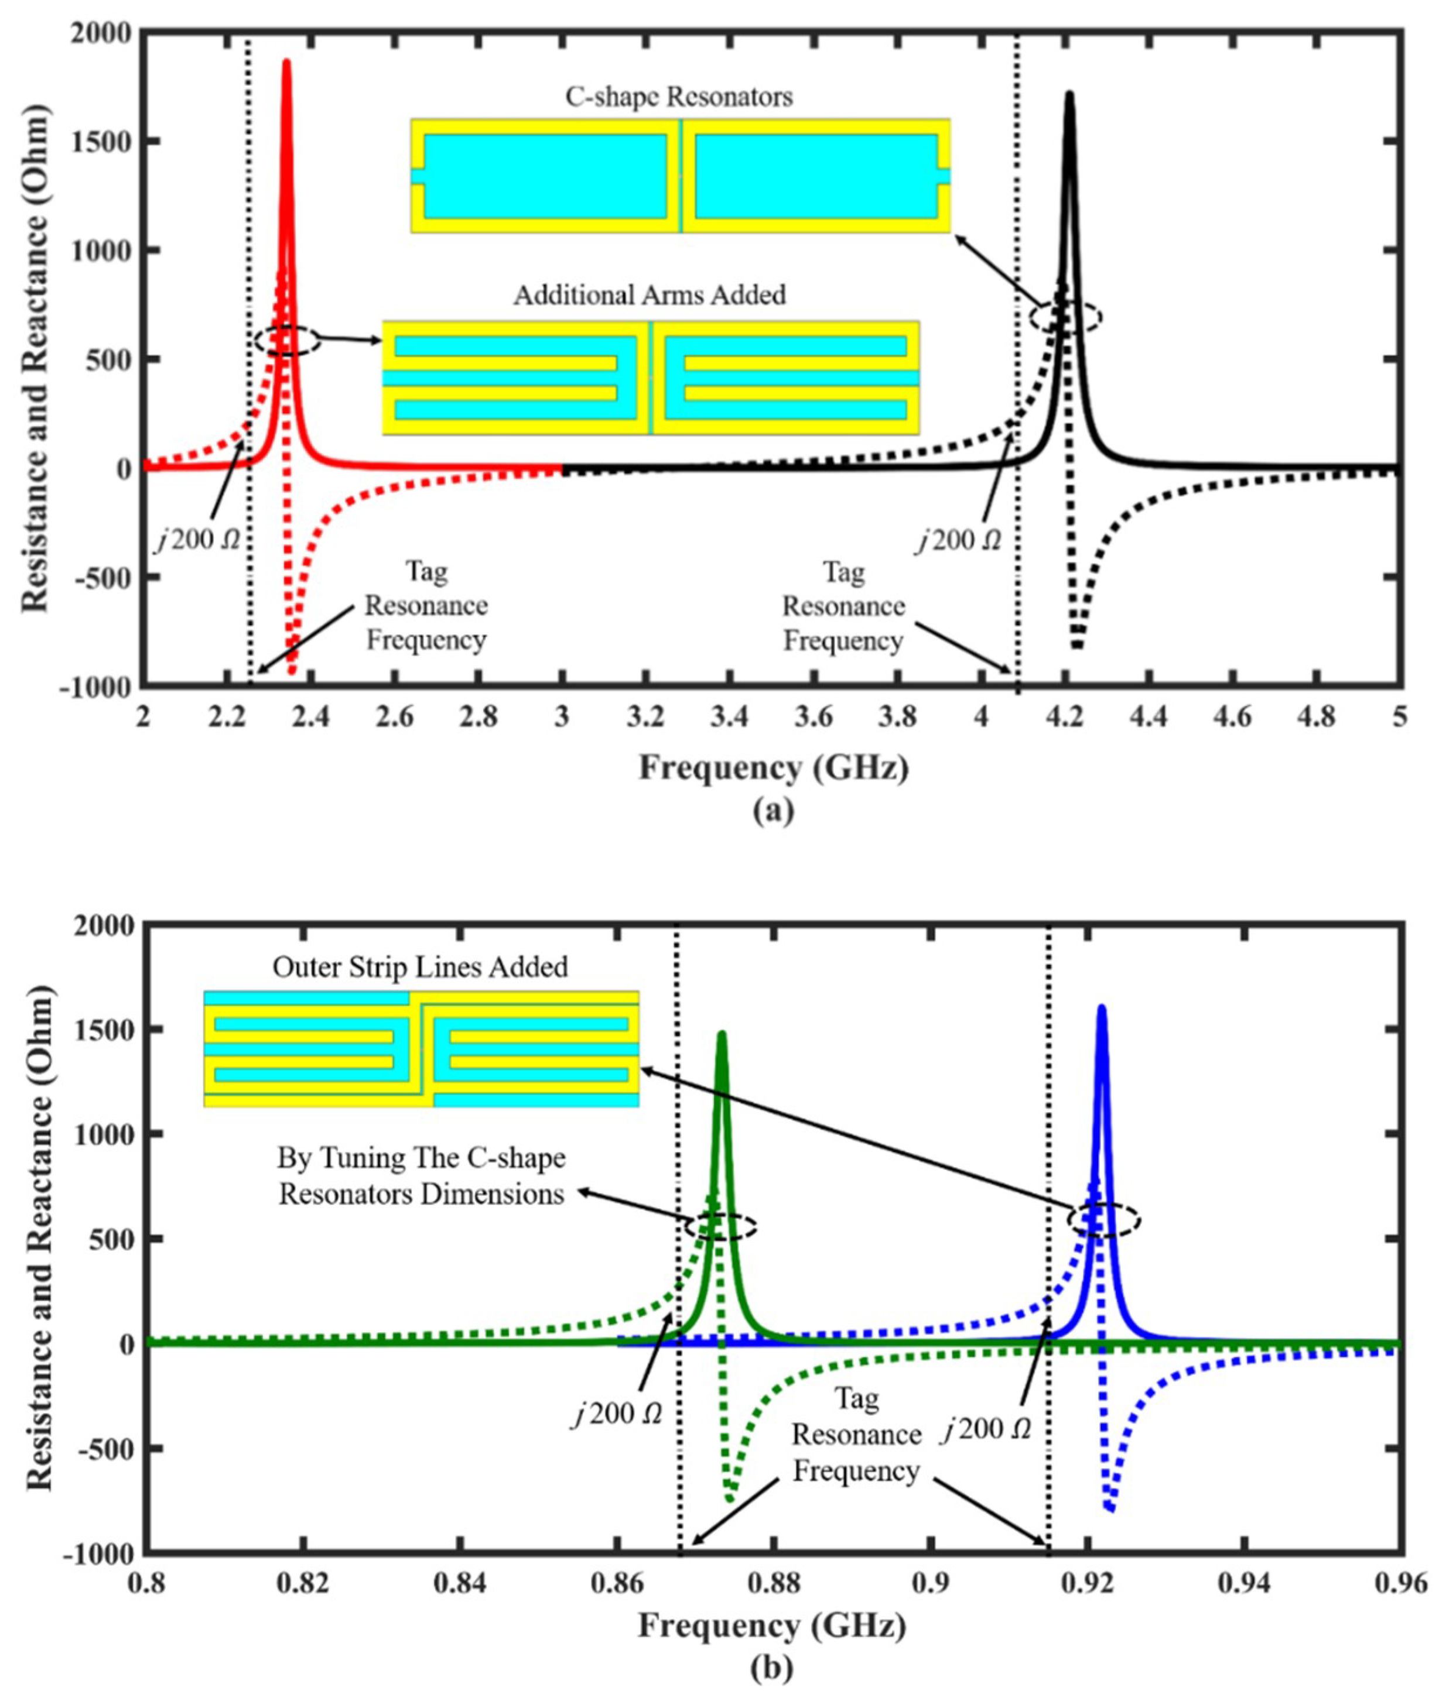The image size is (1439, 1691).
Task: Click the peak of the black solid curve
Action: (1069, 94)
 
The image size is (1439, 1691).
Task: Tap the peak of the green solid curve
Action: (721, 1034)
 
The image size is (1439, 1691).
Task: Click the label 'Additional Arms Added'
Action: (650, 294)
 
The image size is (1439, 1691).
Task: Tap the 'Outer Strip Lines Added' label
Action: (420, 967)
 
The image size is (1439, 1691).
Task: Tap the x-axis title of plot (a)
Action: (773, 768)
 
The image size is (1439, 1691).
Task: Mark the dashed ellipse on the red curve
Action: (286, 341)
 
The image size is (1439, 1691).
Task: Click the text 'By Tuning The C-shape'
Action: (421, 1158)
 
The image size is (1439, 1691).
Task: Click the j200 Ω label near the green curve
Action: (617, 1414)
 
